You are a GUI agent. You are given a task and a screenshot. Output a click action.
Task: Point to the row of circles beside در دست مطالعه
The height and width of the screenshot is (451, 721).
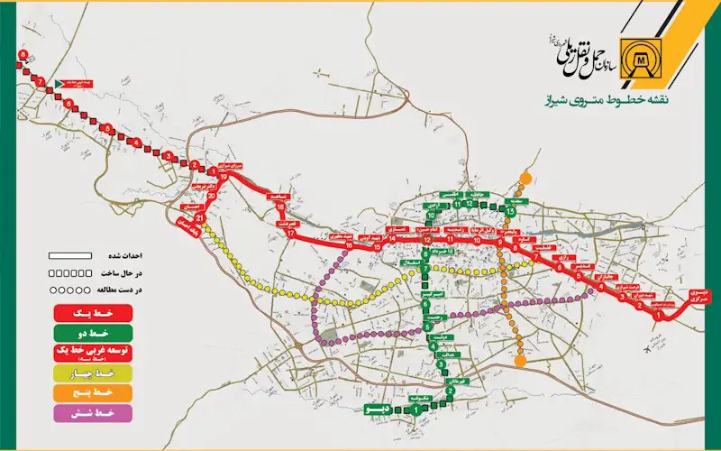tap(68, 290)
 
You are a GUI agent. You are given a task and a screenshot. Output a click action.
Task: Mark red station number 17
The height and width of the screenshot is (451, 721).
tap(290, 232)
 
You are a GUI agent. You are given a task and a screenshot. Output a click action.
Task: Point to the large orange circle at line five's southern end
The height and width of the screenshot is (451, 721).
tap(520, 363)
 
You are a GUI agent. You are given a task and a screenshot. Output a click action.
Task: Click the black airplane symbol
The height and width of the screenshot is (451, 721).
tap(645, 349)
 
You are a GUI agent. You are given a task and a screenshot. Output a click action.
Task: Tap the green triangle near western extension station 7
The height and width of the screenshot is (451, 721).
tap(59, 83)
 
